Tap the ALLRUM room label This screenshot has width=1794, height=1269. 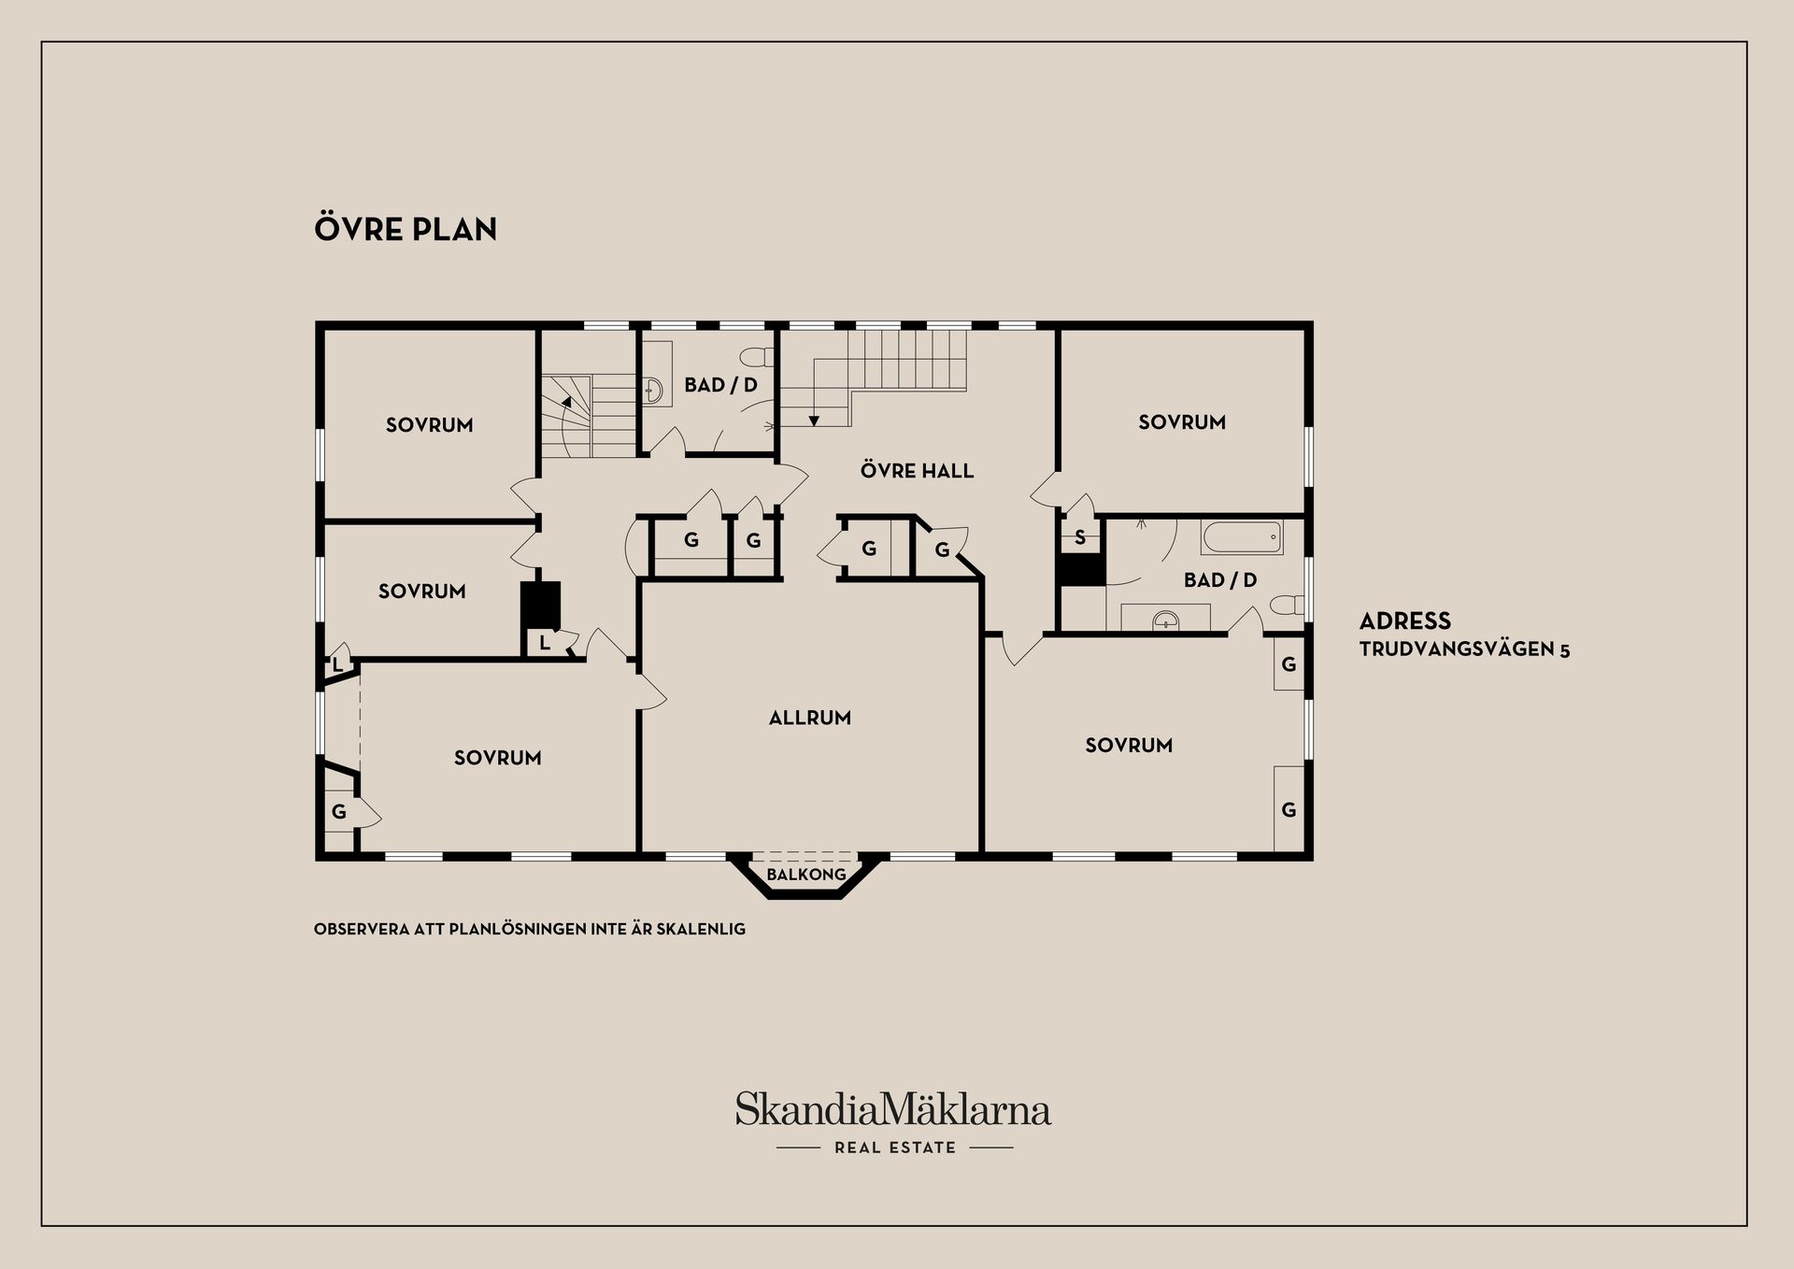click(810, 718)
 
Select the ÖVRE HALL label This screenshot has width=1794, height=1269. click(917, 470)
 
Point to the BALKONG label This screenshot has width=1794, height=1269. click(806, 875)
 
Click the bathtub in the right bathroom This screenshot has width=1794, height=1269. click(1242, 537)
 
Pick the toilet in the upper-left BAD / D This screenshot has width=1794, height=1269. click(758, 356)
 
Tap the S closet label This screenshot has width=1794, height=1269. click(1080, 537)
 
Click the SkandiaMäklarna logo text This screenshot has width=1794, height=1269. click(893, 1108)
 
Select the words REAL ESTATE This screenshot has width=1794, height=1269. click(895, 1148)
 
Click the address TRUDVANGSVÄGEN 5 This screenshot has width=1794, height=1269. click(1464, 649)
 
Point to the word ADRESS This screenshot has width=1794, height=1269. click(1405, 620)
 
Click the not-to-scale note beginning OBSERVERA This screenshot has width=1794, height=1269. click(530, 930)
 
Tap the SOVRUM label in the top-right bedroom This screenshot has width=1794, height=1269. click(1182, 422)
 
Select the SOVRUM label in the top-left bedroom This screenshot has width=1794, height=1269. click(430, 425)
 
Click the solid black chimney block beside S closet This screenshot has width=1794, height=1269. click(1081, 570)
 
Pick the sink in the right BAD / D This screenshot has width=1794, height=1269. click(1165, 618)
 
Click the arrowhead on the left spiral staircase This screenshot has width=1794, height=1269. click(565, 401)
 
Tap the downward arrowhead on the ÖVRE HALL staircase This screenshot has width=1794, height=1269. click(814, 421)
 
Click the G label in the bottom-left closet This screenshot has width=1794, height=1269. click(339, 812)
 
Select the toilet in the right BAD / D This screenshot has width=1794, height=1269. click(1289, 604)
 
